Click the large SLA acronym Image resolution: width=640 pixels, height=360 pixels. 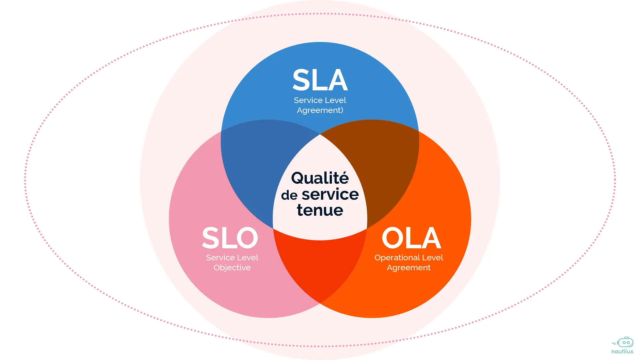[320, 80]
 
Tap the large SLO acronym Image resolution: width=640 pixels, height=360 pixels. [230, 238]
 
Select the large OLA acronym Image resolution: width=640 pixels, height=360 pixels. [411, 238]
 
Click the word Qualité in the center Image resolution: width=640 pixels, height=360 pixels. [320, 178]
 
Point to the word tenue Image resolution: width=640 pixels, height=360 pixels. [320, 210]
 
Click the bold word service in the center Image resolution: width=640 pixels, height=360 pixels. [330, 194]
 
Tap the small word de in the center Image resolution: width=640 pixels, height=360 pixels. [289, 195]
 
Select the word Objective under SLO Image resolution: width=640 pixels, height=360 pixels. [232, 268]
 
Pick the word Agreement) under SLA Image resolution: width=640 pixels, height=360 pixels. [320, 110]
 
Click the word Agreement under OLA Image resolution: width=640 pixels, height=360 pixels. [409, 268]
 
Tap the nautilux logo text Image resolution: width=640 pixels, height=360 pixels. [622, 351]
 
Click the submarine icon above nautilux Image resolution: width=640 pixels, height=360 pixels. [625, 342]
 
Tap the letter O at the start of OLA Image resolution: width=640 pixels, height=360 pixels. [392, 238]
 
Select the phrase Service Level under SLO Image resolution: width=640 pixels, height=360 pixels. [232, 258]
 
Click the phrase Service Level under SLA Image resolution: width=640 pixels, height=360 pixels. [320, 100]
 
